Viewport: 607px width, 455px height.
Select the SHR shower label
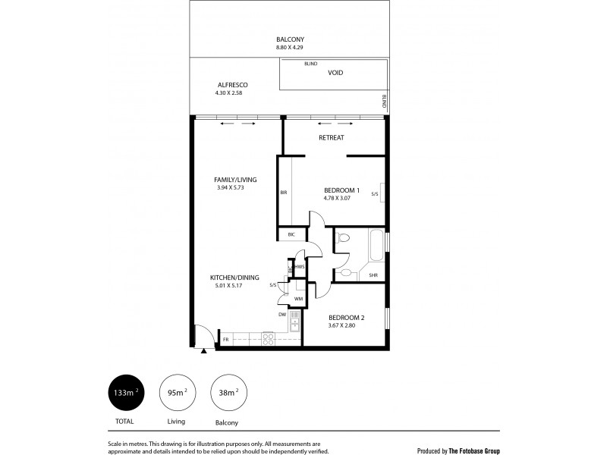pos(373,276)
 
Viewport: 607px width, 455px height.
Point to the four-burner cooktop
pos(268,338)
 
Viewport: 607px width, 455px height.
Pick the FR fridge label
pos(225,339)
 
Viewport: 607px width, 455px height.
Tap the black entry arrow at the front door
pos(203,351)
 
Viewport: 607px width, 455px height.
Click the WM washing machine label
pos(299,300)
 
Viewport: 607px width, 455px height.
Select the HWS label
pos(300,266)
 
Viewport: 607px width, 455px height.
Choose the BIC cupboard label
pos(291,235)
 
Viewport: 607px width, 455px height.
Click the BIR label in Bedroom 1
pos(283,193)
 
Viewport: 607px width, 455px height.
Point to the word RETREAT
pos(332,137)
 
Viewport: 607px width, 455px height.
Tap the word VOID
pos(335,73)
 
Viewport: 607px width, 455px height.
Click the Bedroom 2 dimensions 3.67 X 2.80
pos(346,327)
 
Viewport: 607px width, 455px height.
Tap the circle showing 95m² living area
pos(176,393)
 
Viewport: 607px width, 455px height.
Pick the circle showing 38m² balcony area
pos(227,393)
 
